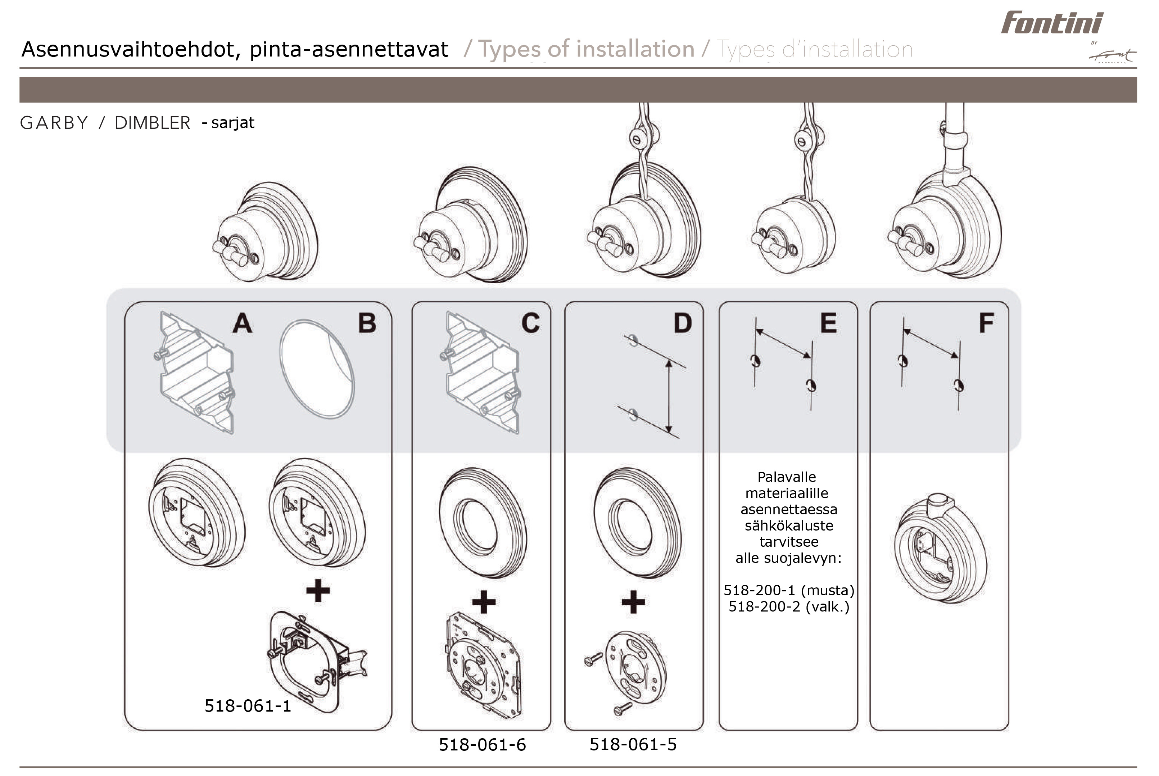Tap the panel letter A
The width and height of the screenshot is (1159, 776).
pos(243,323)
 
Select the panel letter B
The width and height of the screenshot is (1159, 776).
pos(367,323)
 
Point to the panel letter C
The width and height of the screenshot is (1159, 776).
pos(531,323)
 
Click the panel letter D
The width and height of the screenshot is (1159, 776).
pos(683,323)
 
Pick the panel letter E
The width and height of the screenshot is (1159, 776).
pos(829,323)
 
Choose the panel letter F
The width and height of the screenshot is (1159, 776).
pos(986,323)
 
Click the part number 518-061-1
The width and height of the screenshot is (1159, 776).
pos(248,706)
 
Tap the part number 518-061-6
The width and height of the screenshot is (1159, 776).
pos(482,744)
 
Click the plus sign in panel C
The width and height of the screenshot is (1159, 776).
pos(484,602)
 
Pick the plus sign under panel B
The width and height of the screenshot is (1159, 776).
pos(318,590)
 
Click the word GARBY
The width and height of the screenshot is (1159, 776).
pos(54,123)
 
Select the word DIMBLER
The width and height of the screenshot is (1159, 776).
pos(152,123)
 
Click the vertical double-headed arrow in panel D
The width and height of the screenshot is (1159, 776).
pos(669,396)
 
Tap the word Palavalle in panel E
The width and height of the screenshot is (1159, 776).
pos(787,477)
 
